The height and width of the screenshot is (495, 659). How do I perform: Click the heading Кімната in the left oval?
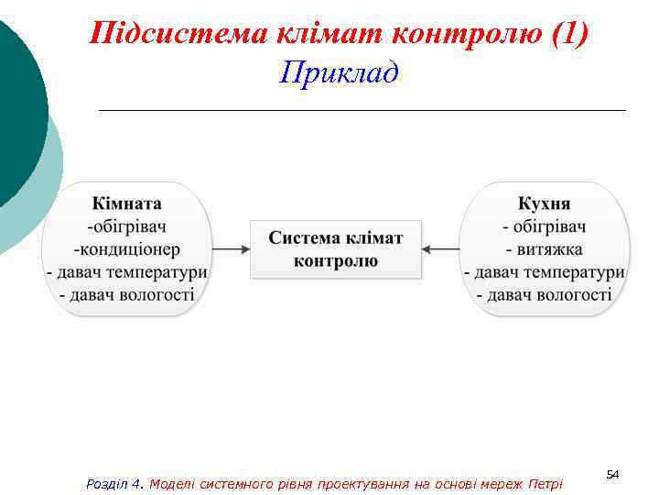pos(127,203)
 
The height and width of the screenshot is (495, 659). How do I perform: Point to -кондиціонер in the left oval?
pos(127,248)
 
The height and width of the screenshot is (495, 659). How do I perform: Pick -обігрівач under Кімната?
pos(127,225)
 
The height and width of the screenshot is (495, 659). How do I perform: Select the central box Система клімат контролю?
pos(336,248)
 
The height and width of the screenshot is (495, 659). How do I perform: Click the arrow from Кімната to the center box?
pos(231,248)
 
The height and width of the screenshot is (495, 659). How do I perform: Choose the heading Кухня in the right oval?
pos(545,203)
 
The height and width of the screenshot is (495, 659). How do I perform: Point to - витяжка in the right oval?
pos(545,248)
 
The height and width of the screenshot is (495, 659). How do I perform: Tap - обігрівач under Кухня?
pos(545,225)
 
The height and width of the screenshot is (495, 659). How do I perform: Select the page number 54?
pos(613,473)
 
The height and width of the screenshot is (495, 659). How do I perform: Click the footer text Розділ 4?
pos(114,483)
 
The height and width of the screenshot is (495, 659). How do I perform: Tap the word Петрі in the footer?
pos(546,483)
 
